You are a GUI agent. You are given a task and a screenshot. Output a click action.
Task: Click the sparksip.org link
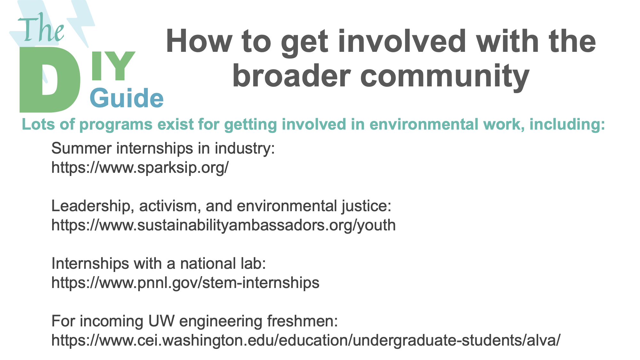pos(140,167)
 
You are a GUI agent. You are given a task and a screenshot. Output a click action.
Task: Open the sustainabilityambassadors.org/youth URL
pos(224,225)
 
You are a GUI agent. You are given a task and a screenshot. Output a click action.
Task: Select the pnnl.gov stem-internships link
pos(186,283)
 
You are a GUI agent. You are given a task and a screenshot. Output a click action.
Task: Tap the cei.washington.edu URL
pos(306,340)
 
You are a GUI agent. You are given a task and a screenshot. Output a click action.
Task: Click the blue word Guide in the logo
pos(127,98)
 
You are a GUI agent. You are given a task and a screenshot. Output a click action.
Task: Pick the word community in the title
pos(445,77)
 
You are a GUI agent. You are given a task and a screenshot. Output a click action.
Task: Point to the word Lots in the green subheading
pos(38,124)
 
